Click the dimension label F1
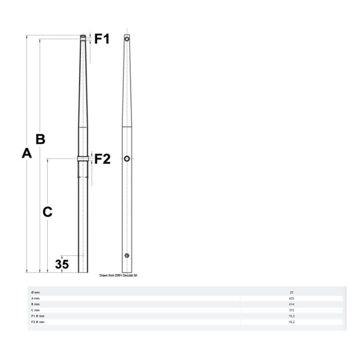(x=102, y=39)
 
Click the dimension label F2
(x=102, y=159)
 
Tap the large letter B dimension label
(x=40, y=139)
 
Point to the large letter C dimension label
(x=48, y=212)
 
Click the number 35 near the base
(x=62, y=263)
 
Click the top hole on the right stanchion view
(x=127, y=39)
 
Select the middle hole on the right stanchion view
(x=127, y=159)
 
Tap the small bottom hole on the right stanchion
(x=127, y=255)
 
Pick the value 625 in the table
(x=291, y=298)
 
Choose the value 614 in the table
(x=291, y=304)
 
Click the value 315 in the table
(x=291, y=310)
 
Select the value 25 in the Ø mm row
(x=291, y=292)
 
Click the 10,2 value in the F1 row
(x=291, y=316)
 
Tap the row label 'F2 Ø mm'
(x=38, y=322)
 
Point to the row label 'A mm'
(x=35, y=298)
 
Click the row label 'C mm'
(x=35, y=310)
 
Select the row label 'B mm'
(x=35, y=304)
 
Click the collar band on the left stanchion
(x=83, y=158)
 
